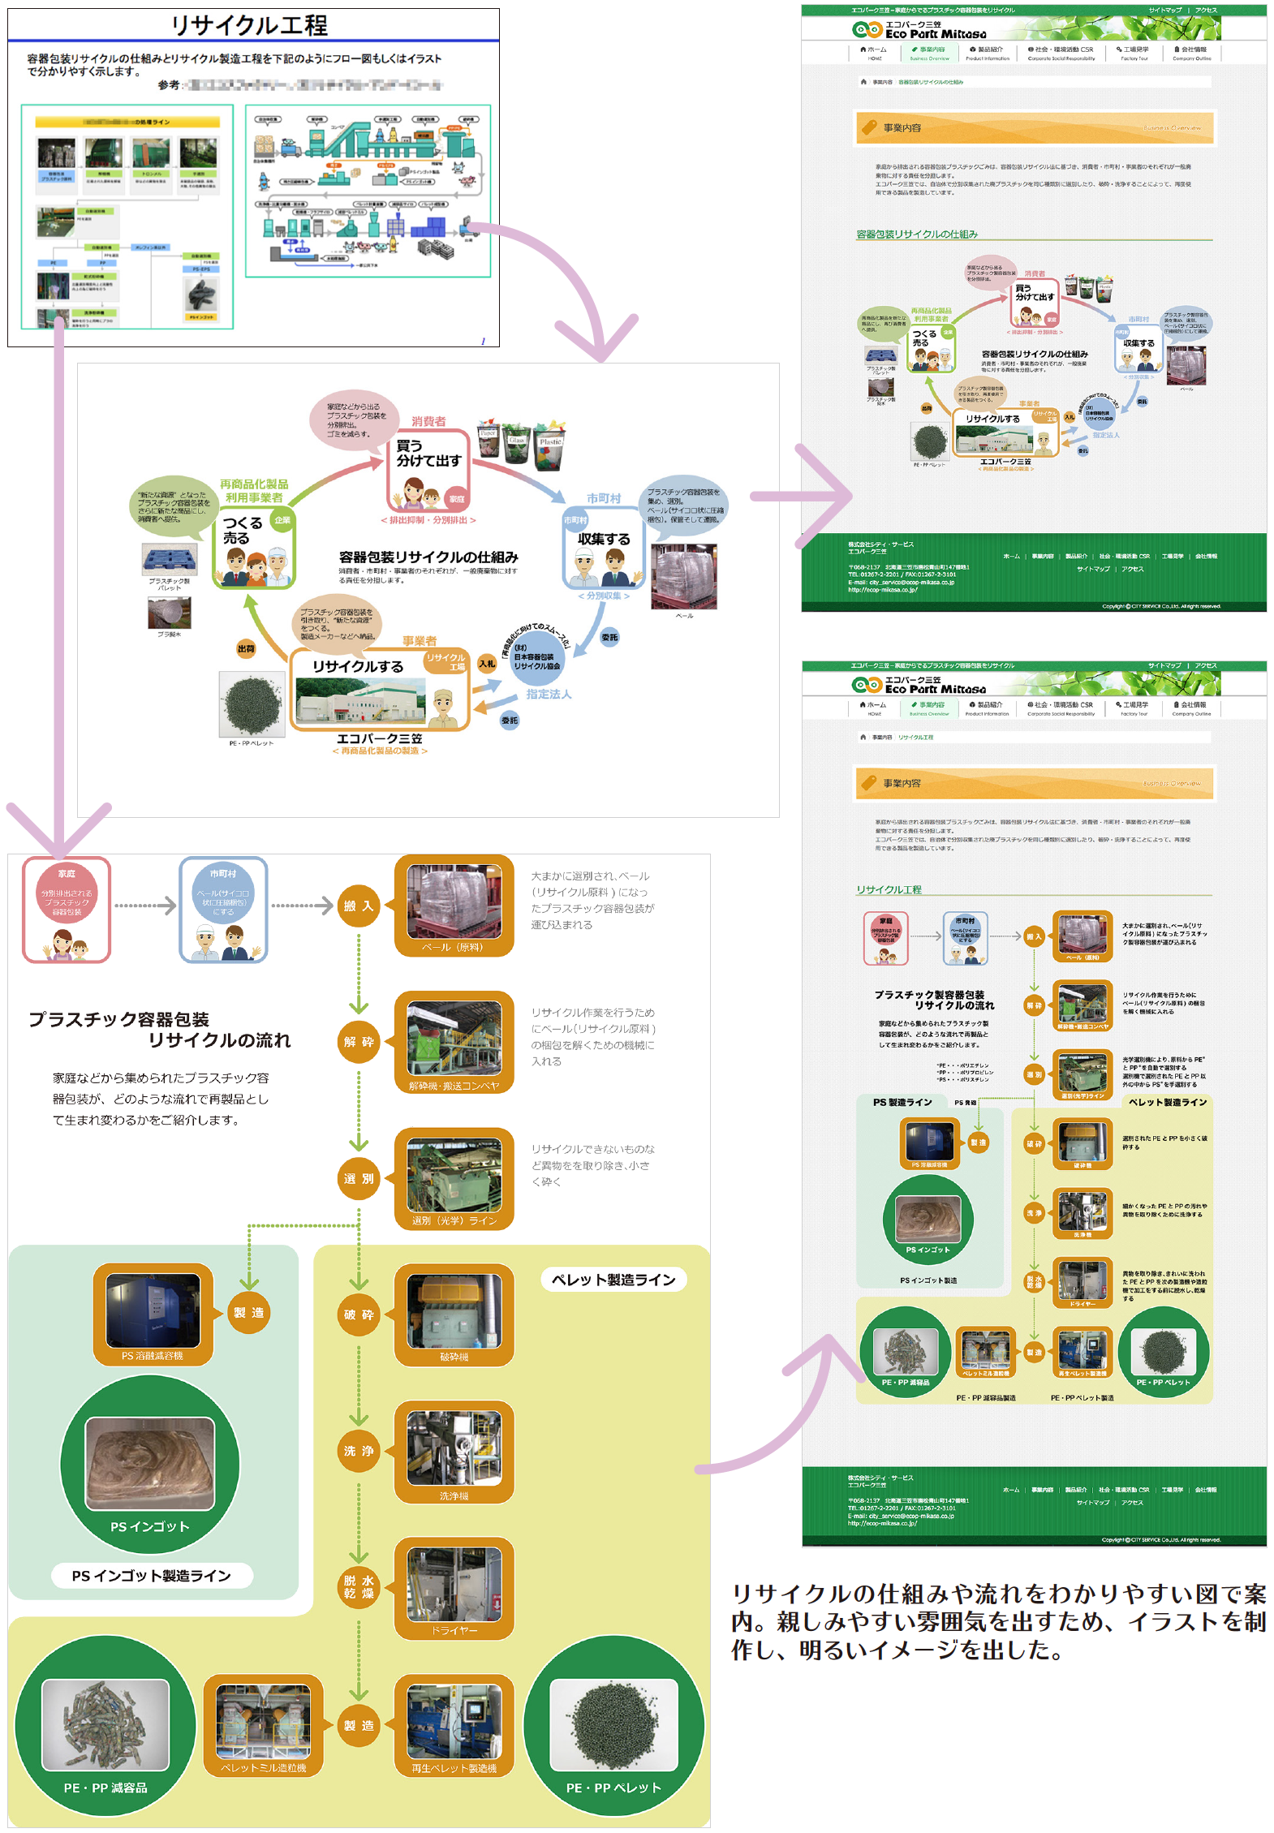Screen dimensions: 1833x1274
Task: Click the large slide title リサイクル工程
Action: (x=249, y=25)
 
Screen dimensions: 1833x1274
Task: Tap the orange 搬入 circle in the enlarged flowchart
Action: (x=358, y=906)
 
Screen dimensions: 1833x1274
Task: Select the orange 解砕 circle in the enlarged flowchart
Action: (x=358, y=1042)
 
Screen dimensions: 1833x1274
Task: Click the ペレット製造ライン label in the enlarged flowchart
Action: (x=613, y=1280)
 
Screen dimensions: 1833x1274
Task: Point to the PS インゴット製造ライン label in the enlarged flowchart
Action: (x=152, y=1576)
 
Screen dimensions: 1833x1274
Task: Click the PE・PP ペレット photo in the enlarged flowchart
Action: (x=613, y=1724)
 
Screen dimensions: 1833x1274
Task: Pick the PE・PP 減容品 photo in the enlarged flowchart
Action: (x=105, y=1724)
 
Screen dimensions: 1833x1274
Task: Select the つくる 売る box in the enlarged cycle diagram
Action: (x=254, y=548)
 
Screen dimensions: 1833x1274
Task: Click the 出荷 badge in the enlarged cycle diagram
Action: (x=246, y=648)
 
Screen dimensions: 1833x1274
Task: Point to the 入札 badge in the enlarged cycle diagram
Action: (x=487, y=664)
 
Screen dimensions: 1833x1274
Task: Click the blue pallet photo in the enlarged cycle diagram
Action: (x=169, y=559)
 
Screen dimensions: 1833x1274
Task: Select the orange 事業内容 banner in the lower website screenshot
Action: (x=1034, y=783)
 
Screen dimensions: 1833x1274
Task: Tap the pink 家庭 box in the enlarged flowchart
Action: (x=67, y=910)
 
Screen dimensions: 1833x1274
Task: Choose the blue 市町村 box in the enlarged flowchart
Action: (x=223, y=910)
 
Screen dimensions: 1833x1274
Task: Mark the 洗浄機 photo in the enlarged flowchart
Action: (x=454, y=1448)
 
